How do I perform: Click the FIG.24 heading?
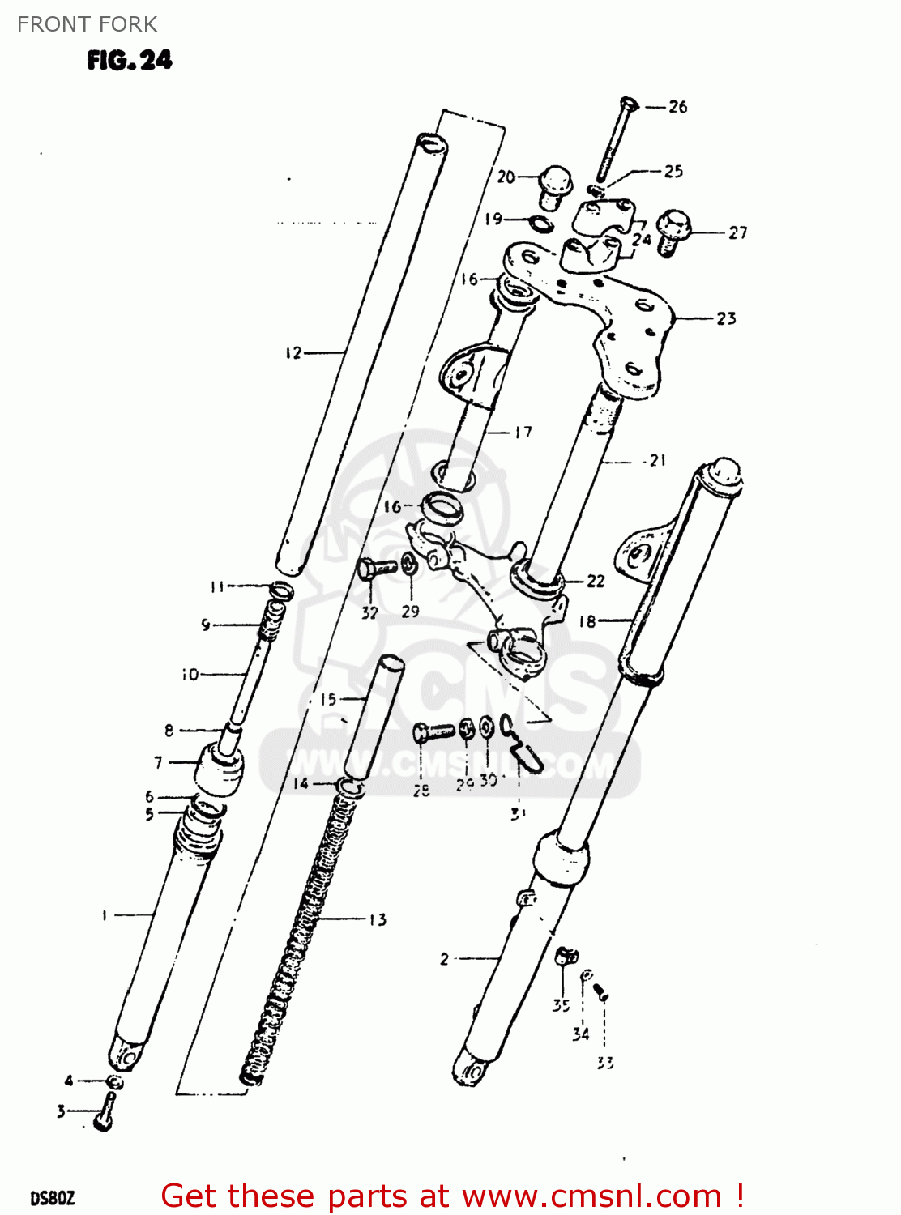point(130,61)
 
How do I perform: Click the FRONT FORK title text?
point(87,24)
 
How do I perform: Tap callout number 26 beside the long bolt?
point(678,107)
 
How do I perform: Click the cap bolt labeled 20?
point(555,184)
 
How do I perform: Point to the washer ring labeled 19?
point(541,223)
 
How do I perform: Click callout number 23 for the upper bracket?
point(726,318)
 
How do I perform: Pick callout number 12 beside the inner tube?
point(293,353)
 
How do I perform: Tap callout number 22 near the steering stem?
point(596,581)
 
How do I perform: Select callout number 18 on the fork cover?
point(587,621)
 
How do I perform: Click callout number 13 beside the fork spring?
point(378,919)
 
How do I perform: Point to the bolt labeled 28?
point(433,731)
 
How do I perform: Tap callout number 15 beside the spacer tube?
point(328,699)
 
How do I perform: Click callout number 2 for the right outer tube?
point(444,959)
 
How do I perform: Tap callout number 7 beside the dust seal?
point(159,762)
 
